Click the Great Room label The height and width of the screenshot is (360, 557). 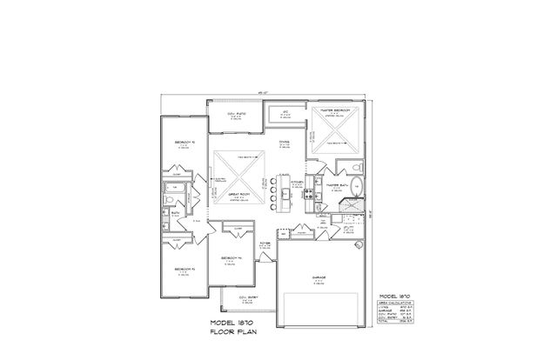pyautogui.click(x=236, y=196)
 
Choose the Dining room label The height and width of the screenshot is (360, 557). pyautogui.click(x=285, y=143)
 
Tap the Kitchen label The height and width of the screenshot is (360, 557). pyautogui.click(x=296, y=183)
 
